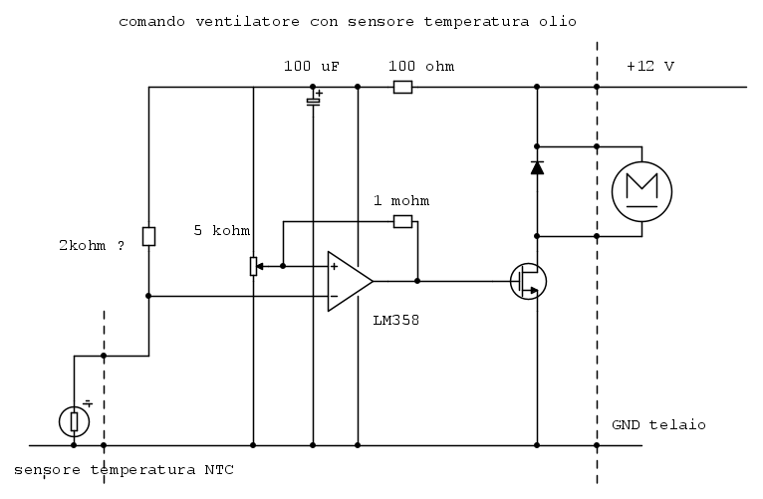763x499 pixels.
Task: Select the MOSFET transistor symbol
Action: click(528, 281)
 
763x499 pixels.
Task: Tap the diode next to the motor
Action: click(537, 167)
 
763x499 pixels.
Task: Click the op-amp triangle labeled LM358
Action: click(350, 281)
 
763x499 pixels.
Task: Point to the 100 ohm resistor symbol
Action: click(402, 87)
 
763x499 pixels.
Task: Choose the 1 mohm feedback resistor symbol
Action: click(402, 222)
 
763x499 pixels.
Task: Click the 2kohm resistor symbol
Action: click(148, 236)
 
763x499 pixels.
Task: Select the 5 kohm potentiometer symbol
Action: click(254, 266)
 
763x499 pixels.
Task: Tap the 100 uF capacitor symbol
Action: click(314, 99)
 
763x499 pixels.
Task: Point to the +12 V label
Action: click(650, 66)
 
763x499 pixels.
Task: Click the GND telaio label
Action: click(658, 425)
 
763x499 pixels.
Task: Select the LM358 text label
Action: click(396, 320)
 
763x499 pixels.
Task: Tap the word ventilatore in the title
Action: click(248, 22)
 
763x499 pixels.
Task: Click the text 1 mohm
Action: click(401, 201)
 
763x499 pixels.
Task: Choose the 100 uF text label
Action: click(312, 66)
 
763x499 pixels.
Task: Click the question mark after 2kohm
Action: click(121, 245)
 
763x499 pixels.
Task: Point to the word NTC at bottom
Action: click(219, 470)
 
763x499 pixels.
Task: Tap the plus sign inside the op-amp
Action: click(335, 267)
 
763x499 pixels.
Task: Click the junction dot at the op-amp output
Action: click(417, 281)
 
